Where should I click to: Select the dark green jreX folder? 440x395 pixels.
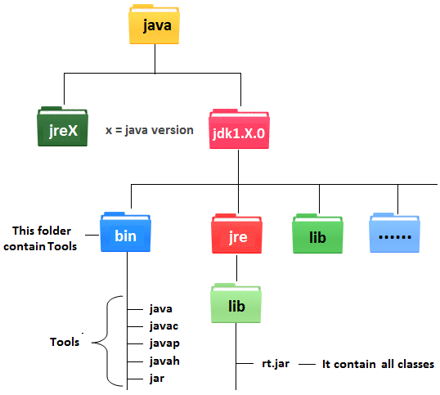coord(62,128)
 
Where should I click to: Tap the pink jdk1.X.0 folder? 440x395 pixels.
coord(238,129)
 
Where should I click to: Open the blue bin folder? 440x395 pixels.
coord(125,236)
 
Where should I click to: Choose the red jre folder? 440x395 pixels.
coord(237,236)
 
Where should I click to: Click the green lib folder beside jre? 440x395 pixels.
coord(319,236)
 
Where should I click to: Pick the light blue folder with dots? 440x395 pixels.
coord(397,236)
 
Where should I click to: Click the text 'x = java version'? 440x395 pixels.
coord(150,129)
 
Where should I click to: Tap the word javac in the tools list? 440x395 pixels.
coord(165,326)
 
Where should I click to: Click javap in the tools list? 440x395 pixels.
coord(165,344)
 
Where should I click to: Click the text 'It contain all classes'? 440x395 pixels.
coord(377,364)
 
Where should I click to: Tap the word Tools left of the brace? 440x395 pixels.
coord(64,343)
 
